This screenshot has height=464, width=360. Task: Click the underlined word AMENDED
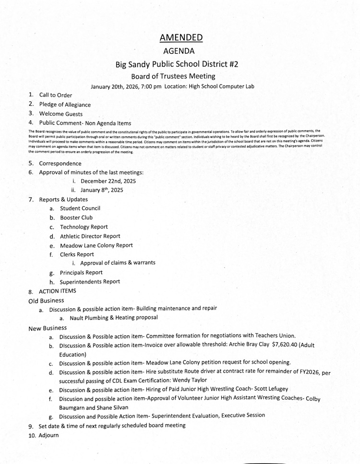pyautogui.click(x=180, y=37)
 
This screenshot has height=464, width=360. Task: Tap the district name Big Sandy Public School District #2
pyautogui.click(x=180, y=64)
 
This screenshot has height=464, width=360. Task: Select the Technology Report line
pyautogui.click(x=84, y=227)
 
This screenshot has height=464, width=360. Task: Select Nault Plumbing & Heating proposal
pyautogui.click(x=114, y=317)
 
